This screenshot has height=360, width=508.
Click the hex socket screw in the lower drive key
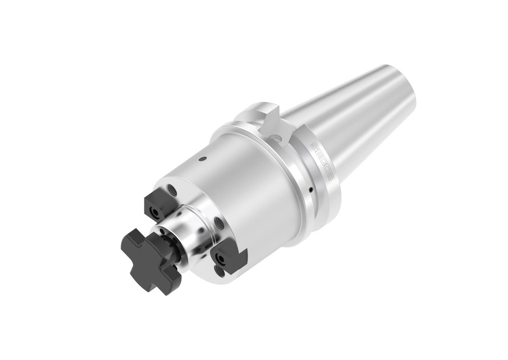coord(219,258)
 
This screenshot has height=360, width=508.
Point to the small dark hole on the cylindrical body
coord(202,159)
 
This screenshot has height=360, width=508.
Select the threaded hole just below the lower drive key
coord(220,270)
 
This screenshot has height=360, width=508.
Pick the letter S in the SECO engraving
coord(315,147)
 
